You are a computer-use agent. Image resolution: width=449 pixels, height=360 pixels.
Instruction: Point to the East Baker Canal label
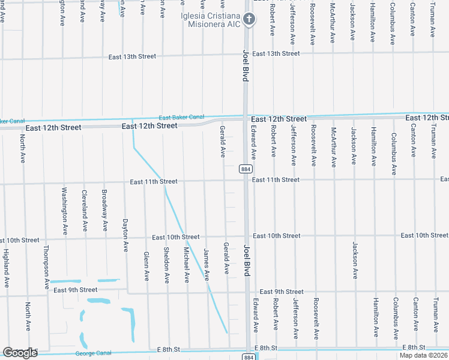[x=181, y=117]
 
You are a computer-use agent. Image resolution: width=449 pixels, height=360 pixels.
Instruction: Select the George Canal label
[x=94, y=353]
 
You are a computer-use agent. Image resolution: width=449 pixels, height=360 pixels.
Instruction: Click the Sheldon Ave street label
[x=167, y=265]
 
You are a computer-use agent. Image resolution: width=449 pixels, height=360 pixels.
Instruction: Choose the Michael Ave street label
[x=187, y=265]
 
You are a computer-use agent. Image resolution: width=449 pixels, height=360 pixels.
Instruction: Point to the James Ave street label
[x=206, y=265]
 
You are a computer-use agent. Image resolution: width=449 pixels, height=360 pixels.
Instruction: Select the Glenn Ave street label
[x=146, y=266]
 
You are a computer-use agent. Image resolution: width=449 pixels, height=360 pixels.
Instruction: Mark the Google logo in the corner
[x=20, y=353]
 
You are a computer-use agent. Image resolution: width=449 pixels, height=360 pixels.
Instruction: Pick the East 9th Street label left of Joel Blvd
[x=75, y=290]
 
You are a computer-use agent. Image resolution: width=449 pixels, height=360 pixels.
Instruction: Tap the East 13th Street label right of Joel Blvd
[x=276, y=53]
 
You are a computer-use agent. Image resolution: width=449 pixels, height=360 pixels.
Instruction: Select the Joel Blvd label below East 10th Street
[x=246, y=260]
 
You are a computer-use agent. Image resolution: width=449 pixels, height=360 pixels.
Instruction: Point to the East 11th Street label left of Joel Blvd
[x=153, y=181]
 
